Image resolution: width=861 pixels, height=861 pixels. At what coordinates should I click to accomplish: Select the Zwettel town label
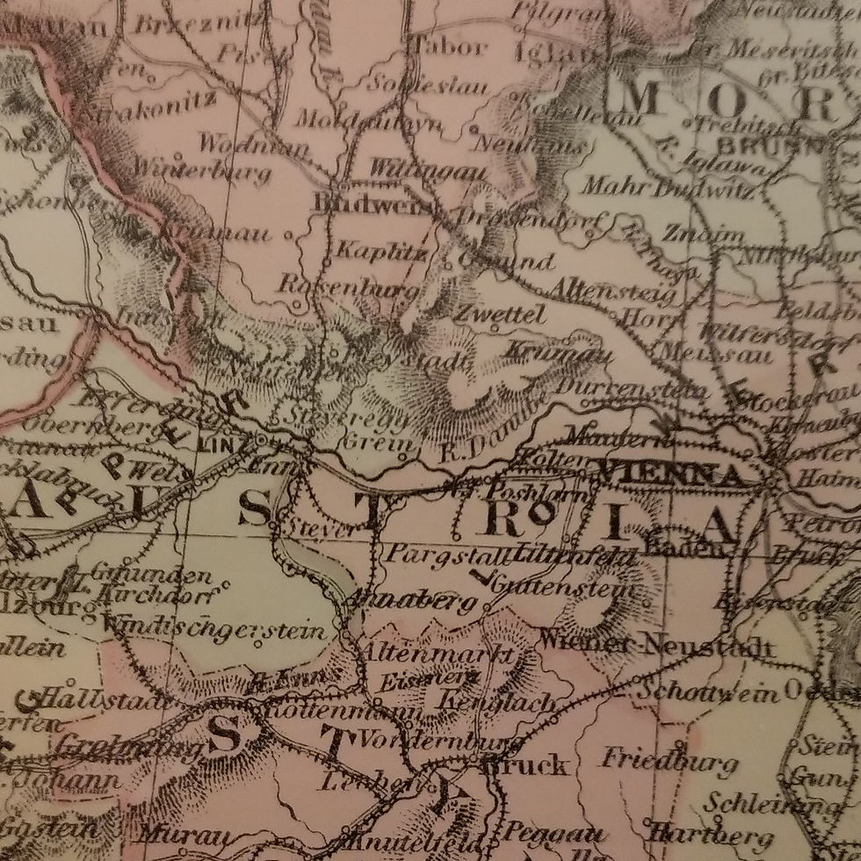[500, 315]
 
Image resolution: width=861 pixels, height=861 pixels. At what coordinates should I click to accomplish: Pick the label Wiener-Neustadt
[658, 646]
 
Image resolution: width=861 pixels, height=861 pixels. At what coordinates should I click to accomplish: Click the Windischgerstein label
[215, 629]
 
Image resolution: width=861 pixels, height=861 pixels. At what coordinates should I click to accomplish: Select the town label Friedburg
[669, 759]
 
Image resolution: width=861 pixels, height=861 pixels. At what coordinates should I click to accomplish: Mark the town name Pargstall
[436, 554]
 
